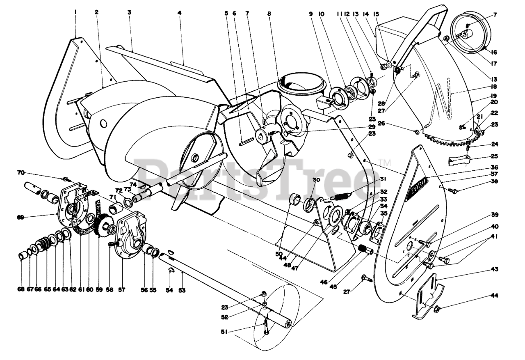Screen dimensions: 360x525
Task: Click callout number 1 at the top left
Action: coord(76,12)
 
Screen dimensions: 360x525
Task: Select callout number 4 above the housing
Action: coord(179,13)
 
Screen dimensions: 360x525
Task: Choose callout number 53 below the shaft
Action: coord(182,290)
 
